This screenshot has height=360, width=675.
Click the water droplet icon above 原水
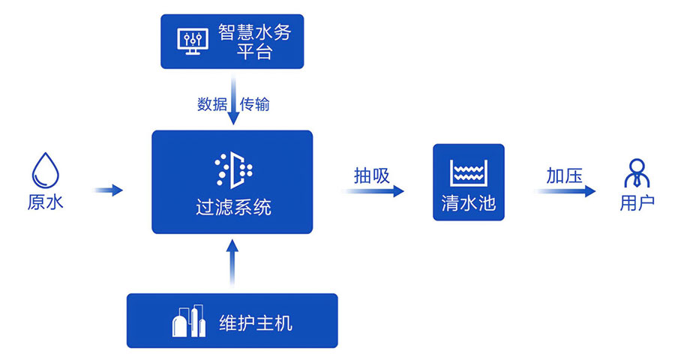coord(45,170)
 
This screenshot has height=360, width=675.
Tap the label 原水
coord(45,203)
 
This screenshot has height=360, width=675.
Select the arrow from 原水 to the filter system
coord(109,190)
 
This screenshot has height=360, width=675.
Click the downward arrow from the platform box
coord(233,108)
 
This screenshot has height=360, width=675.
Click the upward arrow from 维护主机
coord(232,262)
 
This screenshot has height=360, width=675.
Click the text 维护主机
coord(255,323)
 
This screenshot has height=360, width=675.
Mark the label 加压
coord(565,176)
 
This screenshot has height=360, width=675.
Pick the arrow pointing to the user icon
coord(566,191)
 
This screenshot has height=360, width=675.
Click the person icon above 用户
coord(637,172)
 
